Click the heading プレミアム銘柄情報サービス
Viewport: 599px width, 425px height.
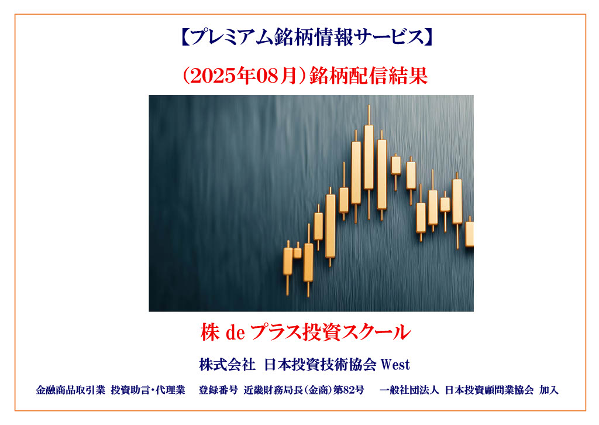point(307,37)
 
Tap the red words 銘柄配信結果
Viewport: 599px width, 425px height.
point(369,76)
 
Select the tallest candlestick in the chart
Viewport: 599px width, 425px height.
point(369,162)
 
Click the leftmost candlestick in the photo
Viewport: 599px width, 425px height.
point(288,268)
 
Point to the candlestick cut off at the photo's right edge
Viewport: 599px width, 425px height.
point(470,233)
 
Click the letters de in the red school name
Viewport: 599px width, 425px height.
point(235,333)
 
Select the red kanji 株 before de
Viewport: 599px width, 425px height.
point(210,332)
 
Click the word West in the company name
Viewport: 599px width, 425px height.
point(395,365)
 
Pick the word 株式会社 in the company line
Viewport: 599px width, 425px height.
point(227,365)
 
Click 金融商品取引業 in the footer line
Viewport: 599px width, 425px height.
point(70,390)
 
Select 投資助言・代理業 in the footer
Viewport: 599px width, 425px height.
point(148,390)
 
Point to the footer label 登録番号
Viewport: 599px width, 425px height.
point(218,390)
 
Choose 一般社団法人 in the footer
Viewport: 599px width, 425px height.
point(409,390)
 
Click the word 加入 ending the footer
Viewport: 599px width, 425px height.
point(549,390)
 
